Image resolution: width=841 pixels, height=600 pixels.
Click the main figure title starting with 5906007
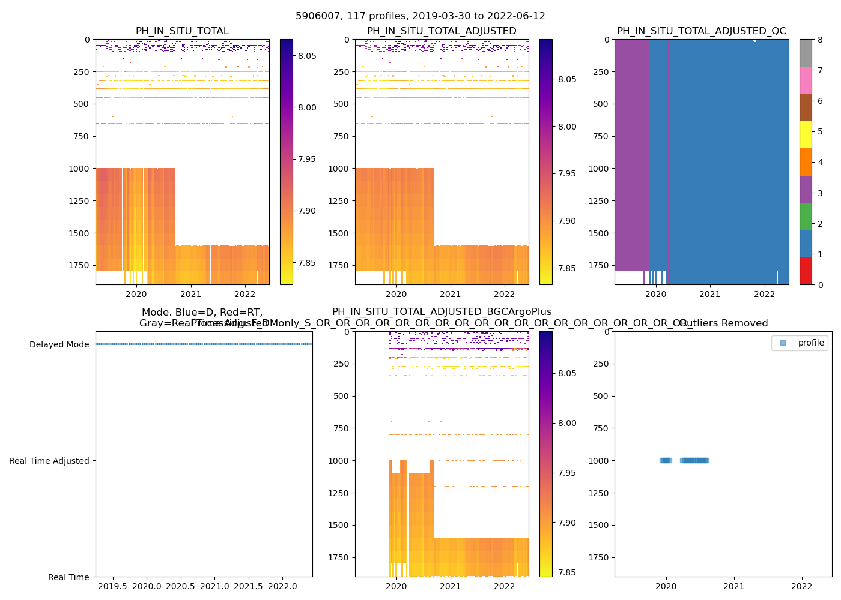tap(420, 16)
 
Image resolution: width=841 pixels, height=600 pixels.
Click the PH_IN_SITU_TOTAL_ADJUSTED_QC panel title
tap(701, 31)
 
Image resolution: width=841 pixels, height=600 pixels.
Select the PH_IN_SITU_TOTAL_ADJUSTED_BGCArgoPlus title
tap(442, 312)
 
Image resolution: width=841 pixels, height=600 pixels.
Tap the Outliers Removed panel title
tap(723, 323)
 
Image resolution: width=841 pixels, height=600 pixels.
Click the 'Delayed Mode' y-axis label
tap(59, 344)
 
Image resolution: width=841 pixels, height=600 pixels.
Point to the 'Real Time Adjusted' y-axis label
tap(49, 461)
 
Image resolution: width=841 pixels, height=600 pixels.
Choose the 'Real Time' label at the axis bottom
tap(68, 577)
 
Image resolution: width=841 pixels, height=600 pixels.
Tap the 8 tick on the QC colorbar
tap(820, 40)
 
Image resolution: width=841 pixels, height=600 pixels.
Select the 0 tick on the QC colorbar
tap(820, 284)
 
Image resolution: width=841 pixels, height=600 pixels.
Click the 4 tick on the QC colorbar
tap(820, 162)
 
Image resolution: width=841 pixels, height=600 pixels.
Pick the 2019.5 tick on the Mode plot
tap(112, 586)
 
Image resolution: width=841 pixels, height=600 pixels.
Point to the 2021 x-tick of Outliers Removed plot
tap(734, 586)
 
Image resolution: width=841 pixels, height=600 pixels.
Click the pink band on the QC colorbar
tap(806, 80)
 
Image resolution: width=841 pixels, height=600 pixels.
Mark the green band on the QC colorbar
tap(806, 217)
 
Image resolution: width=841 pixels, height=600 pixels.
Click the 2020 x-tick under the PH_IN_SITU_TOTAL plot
tap(136, 294)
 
